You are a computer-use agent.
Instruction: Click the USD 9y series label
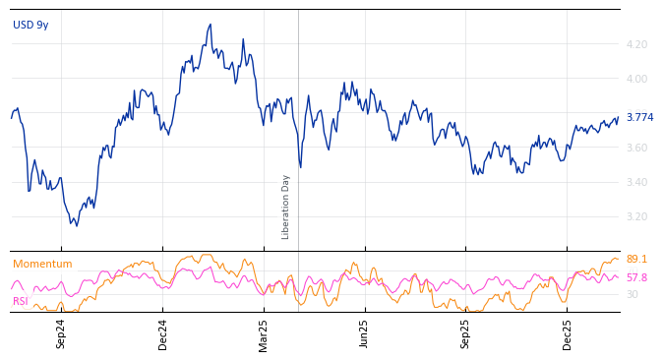(x=30, y=25)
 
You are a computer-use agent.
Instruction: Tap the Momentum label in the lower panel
(x=42, y=264)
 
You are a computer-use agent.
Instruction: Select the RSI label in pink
(x=21, y=301)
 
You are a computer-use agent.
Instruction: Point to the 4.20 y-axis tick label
(x=636, y=44)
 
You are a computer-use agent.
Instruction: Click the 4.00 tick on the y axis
(x=636, y=79)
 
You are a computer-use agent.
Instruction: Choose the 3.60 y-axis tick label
(x=636, y=148)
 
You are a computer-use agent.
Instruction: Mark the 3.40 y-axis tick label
(x=636, y=182)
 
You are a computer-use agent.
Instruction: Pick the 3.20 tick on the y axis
(x=636, y=216)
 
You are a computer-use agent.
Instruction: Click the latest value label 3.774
(x=639, y=117)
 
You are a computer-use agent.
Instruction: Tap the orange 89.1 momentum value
(x=636, y=260)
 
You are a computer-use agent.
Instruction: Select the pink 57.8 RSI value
(x=636, y=277)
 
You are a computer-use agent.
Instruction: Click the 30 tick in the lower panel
(x=632, y=294)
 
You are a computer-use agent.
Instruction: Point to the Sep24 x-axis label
(x=61, y=333)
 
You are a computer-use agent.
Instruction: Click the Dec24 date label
(x=163, y=333)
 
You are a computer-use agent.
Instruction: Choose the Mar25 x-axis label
(x=264, y=333)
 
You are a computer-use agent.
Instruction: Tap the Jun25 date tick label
(x=365, y=333)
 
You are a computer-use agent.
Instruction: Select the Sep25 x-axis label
(x=466, y=333)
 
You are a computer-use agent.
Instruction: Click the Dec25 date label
(x=568, y=333)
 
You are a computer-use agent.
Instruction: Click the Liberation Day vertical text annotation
(x=286, y=207)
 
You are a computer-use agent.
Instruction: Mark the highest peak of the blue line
(x=211, y=25)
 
